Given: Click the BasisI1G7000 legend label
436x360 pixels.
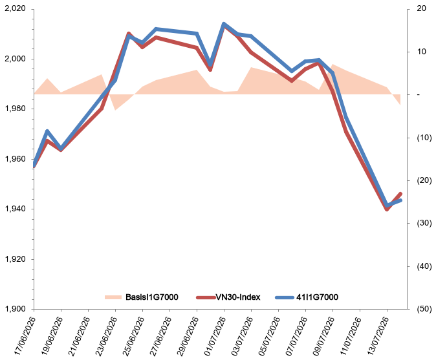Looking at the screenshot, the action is click(152, 297).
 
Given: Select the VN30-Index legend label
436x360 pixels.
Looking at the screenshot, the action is click(238, 297).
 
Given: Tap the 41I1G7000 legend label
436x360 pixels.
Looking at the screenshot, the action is click(317, 297).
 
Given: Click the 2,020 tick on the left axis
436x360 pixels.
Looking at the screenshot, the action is click(16, 8).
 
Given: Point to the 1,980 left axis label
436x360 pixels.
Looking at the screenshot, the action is click(16, 109).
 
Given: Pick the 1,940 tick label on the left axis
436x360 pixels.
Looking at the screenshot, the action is click(16, 209).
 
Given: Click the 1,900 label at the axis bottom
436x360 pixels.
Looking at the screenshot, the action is click(16, 308).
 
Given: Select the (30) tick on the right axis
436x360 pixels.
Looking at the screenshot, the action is click(424, 223).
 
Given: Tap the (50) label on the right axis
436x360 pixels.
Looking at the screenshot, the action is click(424, 308).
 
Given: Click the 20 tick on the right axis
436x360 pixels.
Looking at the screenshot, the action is click(422, 8).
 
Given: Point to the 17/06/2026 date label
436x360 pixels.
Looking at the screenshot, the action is click(25, 336).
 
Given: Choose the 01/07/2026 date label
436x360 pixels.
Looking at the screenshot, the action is click(215, 336).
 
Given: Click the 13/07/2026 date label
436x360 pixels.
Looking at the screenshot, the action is click(378, 336).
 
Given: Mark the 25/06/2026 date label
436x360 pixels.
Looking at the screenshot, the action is click(134, 336).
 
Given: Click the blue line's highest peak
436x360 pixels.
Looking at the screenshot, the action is click(224, 24).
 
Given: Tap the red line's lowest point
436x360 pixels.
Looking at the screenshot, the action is click(387, 209).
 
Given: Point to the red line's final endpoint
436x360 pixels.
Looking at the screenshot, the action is click(400, 194).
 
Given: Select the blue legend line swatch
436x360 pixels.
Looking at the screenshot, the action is click(285, 297).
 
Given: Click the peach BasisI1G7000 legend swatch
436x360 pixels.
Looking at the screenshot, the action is click(113, 297).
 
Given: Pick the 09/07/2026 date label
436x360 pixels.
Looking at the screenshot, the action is click(324, 336).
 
